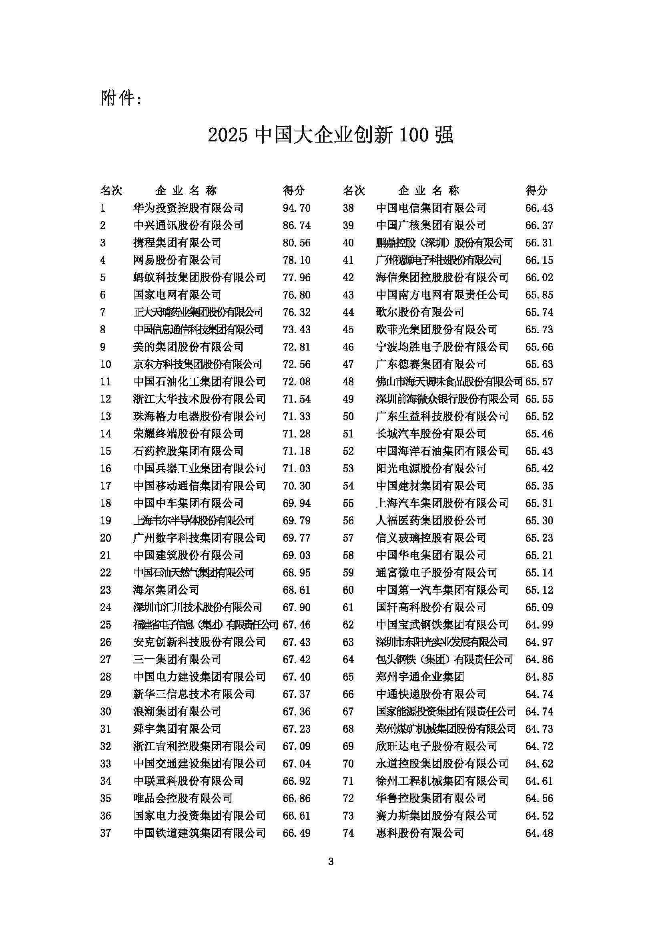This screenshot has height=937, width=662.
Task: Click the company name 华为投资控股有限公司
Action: (x=188, y=208)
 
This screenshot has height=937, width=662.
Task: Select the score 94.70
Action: (x=296, y=208)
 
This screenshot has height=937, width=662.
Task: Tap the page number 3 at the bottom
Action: (x=331, y=862)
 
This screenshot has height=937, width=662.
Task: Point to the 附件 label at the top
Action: (x=120, y=99)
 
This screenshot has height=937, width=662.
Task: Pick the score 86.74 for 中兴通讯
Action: (x=296, y=225)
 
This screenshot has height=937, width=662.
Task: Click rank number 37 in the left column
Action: (x=106, y=832)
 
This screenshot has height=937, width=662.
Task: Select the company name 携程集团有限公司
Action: (x=177, y=243)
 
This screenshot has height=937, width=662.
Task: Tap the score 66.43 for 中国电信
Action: (x=539, y=208)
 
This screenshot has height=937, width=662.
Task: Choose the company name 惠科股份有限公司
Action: (x=420, y=832)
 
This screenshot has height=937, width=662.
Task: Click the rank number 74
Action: (x=348, y=832)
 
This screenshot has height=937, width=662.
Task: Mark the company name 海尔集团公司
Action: (x=166, y=590)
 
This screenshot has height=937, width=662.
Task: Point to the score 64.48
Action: (x=539, y=832)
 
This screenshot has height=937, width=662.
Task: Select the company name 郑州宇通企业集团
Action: (x=420, y=677)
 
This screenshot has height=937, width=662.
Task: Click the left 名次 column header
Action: (x=111, y=190)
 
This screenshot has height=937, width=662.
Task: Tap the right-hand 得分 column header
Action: (x=536, y=190)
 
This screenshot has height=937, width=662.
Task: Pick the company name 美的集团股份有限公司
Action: (x=188, y=347)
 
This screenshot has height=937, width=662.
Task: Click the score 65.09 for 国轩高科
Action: (x=539, y=607)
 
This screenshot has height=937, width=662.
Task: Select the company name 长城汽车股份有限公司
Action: (x=431, y=433)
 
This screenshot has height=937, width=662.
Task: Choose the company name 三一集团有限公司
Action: (x=177, y=659)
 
